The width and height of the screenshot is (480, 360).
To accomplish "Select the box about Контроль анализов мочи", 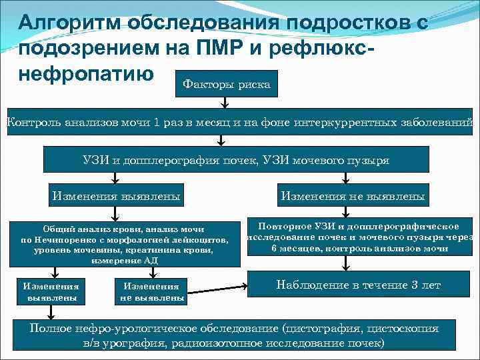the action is (240, 122).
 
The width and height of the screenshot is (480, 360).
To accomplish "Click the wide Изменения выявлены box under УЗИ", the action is (116, 197).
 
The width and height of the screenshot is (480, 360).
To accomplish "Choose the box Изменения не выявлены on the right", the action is (353, 197).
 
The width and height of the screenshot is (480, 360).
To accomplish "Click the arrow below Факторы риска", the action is (225, 102).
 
